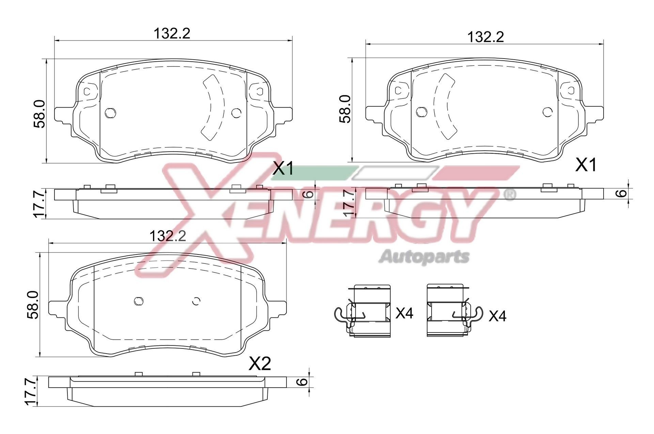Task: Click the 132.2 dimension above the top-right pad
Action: (485, 37)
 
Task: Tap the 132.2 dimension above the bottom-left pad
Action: (168, 236)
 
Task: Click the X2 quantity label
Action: (260, 364)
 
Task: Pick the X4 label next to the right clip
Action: (497, 316)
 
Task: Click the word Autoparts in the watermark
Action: (424, 257)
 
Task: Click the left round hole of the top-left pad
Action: (110, 113)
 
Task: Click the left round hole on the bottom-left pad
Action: (138, 301)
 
